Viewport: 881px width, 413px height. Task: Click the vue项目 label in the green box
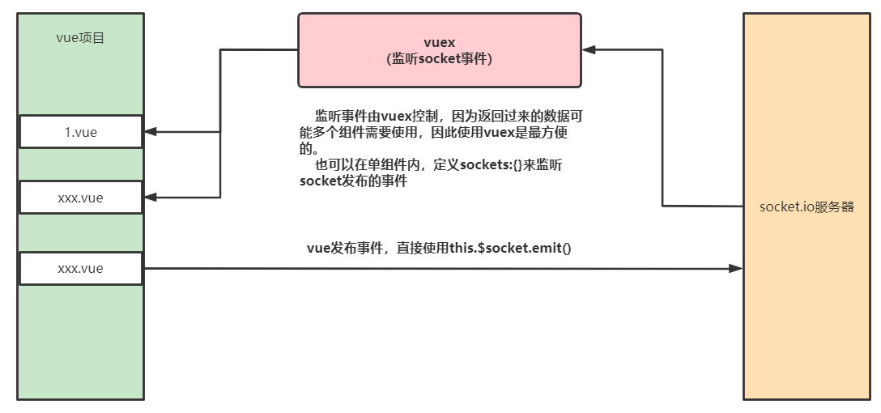[80, 37]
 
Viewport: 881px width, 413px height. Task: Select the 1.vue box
[80, 132]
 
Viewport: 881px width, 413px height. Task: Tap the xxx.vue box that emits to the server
[80, 268]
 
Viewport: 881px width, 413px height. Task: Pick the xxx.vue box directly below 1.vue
[80, 198]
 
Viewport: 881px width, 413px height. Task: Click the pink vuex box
[439, 49]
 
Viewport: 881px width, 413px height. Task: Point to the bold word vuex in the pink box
[440, 42]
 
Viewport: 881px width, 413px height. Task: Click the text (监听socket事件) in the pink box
[440, 58]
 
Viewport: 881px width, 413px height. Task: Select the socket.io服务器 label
[807, 206]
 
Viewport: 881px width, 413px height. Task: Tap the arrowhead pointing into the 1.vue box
[151, 132]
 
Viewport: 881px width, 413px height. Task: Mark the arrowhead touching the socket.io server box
[736, 268]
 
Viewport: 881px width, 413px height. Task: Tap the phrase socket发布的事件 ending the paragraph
[353, 181]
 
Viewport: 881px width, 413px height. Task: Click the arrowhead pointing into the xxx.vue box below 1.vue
[151, 198]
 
